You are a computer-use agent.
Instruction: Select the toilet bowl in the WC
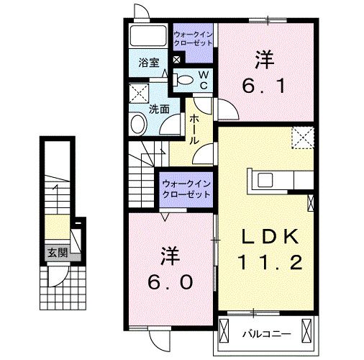pyautogui.click(x=184, y=80)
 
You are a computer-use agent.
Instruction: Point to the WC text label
pyautogui.click(x=203, y=79)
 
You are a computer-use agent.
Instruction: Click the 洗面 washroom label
pyautogui.click(x=159, y=109)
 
